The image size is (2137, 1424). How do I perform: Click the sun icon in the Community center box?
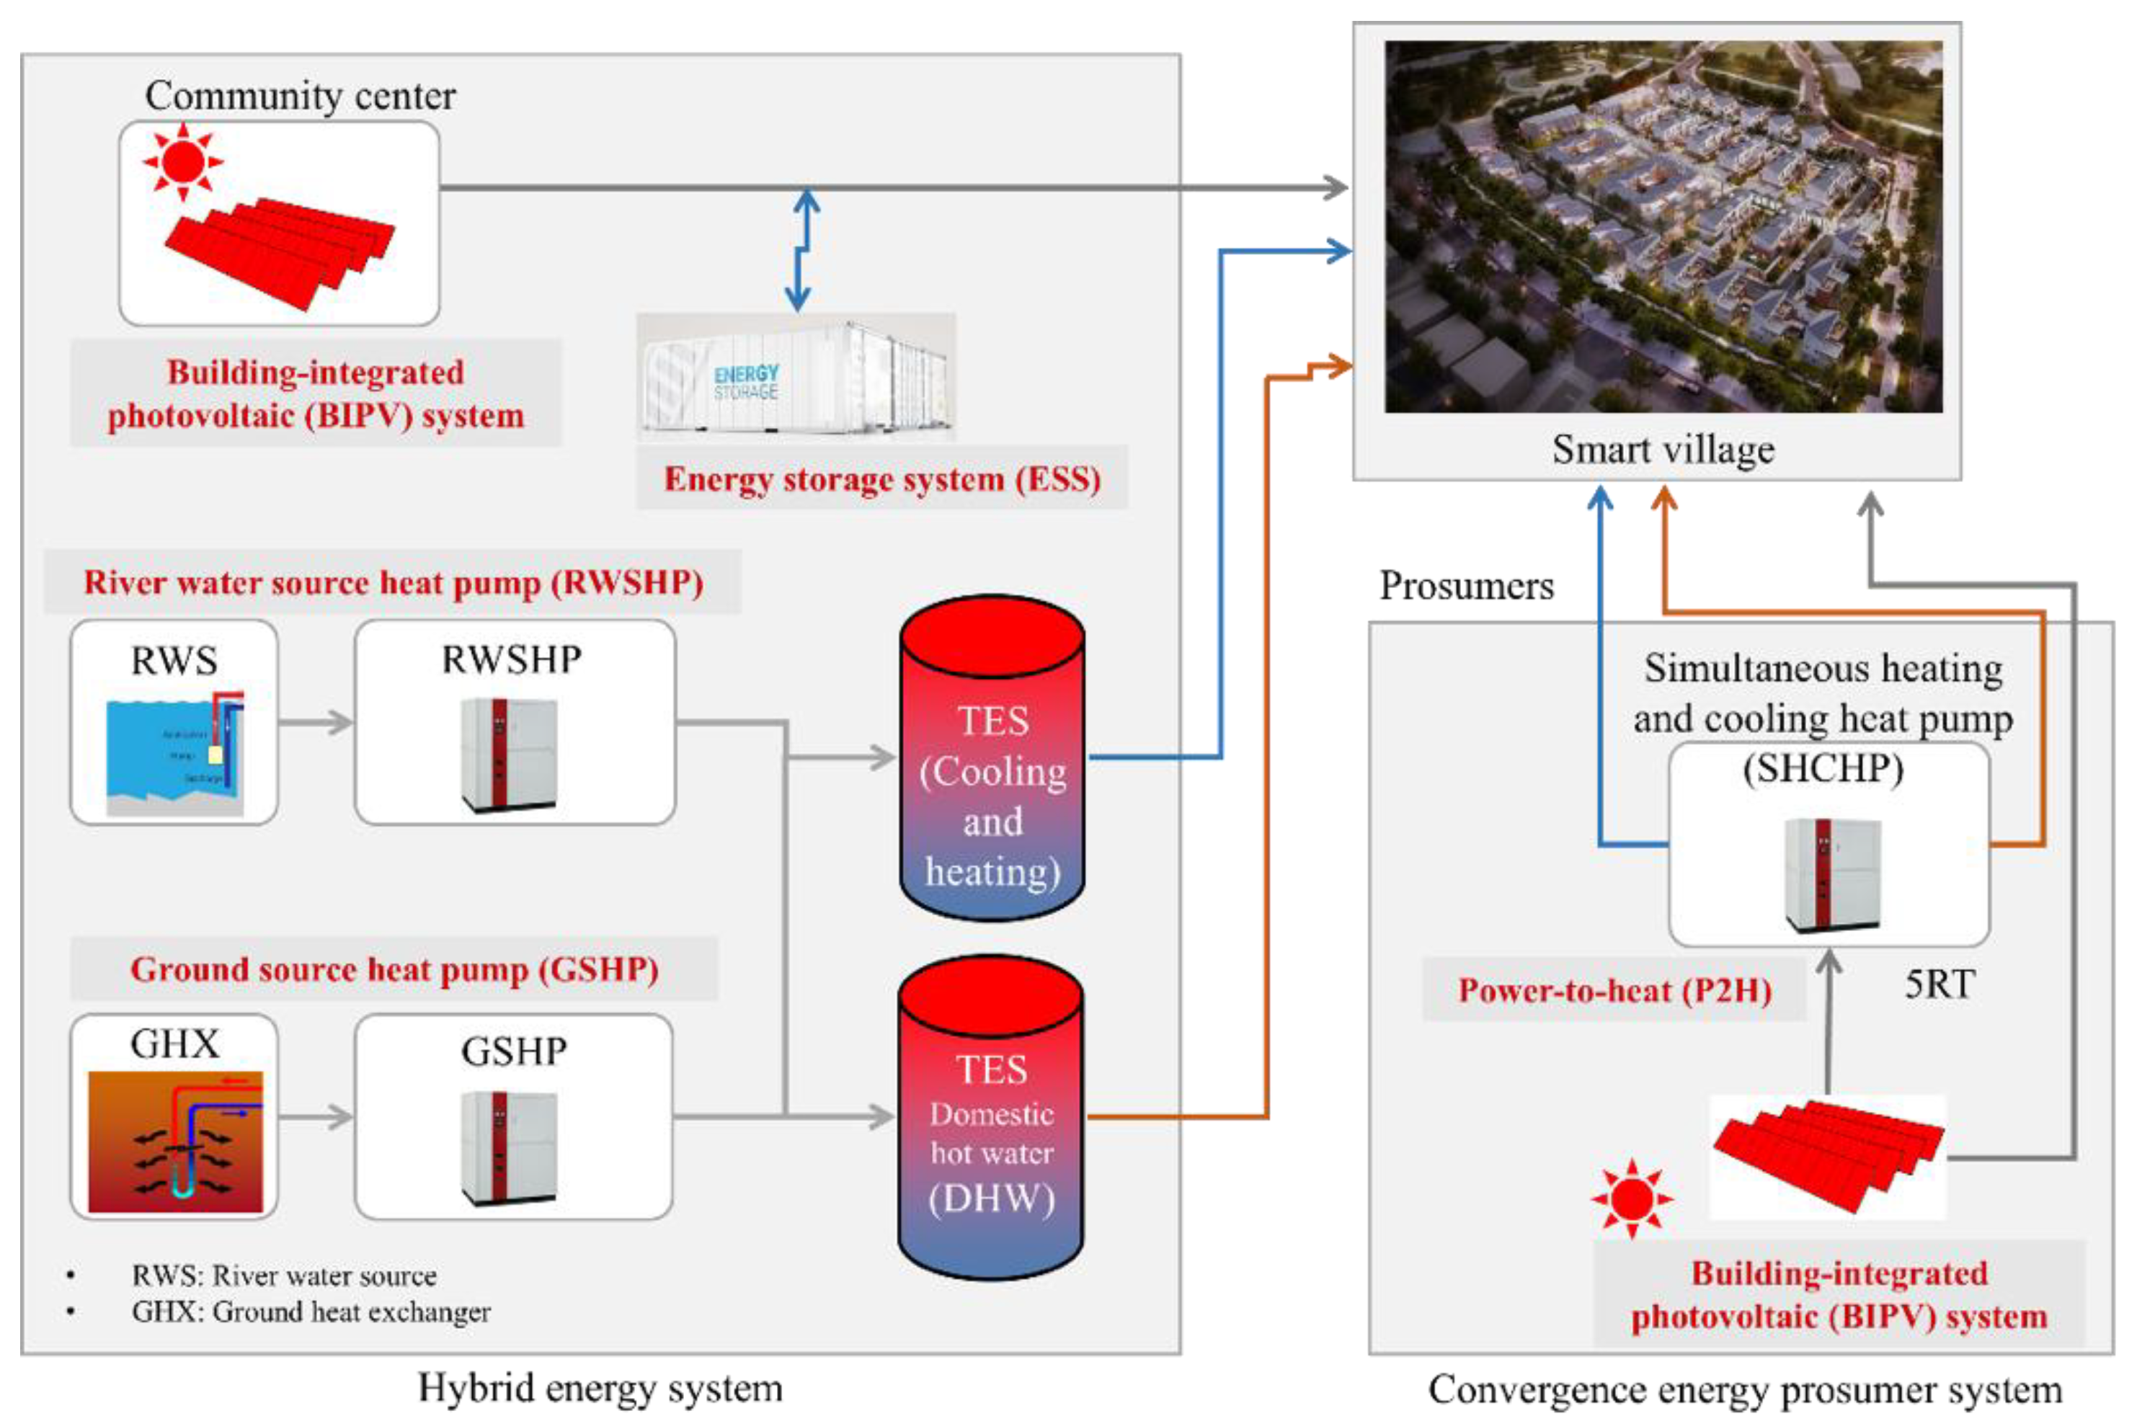182,161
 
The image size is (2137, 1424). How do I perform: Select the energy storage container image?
796,377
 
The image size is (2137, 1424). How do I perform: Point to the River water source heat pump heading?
394,582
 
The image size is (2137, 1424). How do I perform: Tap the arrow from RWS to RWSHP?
314,723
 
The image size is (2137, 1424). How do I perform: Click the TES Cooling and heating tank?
992,758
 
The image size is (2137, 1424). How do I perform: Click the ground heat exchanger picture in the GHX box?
174,1141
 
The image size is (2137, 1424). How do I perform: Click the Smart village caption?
1662,450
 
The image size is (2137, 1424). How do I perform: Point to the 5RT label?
1939,984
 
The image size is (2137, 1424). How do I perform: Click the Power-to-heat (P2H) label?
1614,990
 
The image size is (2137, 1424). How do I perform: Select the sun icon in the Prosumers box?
1631,1198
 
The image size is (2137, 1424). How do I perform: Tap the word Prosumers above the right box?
1466,586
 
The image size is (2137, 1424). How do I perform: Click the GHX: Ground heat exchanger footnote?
310,1312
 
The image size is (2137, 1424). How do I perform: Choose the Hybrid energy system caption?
600,1389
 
